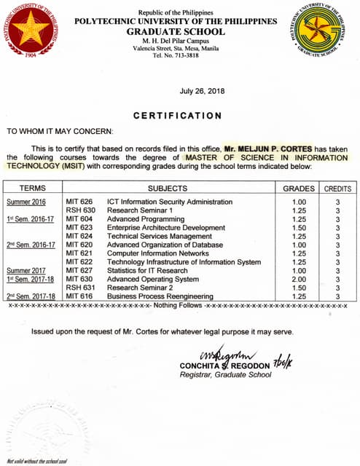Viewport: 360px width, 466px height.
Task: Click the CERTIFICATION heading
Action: [x=178, y=116]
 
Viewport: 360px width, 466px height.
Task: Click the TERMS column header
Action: [x=32, y=188]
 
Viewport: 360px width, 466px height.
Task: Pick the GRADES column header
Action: [x=299, y=188]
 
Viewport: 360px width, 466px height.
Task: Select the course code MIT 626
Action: [x=79, y=202]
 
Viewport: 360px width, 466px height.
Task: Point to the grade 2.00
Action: [x=299, y=279]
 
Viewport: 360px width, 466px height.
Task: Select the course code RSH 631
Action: [x=79, y=288]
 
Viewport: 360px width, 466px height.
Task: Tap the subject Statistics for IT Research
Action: [x=147, y=270]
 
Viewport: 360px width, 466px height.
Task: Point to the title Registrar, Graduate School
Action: [x=225, y=375]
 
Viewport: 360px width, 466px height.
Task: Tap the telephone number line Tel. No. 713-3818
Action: [x=176, y=55]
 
